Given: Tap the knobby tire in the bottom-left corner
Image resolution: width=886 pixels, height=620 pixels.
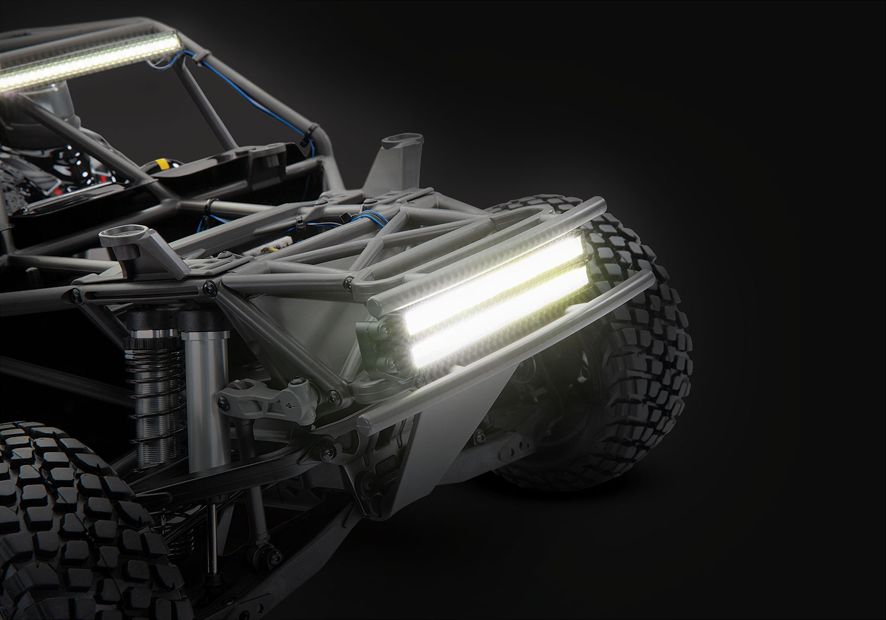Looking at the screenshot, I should tap(53, 514).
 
